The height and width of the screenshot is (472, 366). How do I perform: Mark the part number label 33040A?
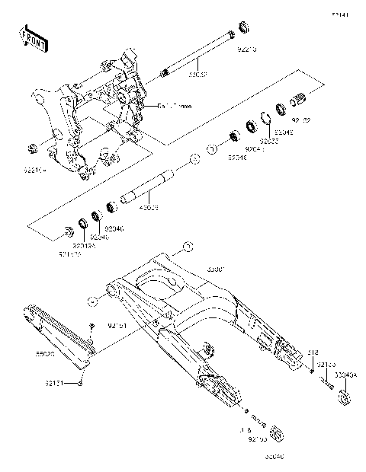coord(346,375)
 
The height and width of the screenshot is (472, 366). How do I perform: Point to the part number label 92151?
coord(117,326)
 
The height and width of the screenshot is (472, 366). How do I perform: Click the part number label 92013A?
coord(83,246)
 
